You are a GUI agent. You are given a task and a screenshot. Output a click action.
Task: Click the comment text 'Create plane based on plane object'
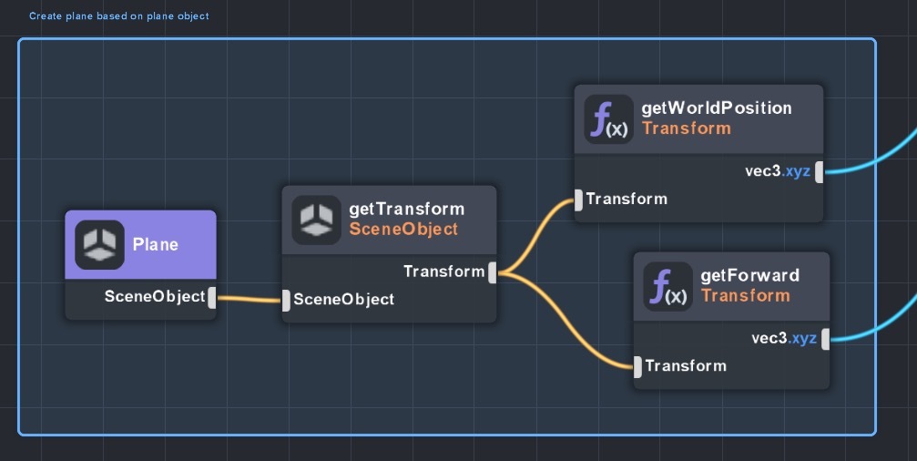click(118, 16)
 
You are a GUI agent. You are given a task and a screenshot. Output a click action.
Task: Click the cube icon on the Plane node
click(99, 244)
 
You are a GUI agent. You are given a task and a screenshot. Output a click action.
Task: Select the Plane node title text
click(156, 244)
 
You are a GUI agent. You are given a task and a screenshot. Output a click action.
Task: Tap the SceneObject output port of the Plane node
click(212, 297)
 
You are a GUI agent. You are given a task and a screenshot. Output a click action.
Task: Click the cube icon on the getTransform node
click(316, 219)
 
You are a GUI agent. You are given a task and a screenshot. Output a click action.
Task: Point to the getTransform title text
click(406, 210)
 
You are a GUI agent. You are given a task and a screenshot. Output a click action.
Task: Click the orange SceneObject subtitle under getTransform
click(403, 230)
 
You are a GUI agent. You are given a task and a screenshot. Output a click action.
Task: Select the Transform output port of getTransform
click(492, 271)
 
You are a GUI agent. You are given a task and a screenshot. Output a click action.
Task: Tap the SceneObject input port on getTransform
click(286, 300)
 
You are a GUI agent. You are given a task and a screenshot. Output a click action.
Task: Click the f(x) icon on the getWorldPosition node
click(609, 118)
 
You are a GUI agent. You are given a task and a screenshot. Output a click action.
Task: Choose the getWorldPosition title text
click(717, 108)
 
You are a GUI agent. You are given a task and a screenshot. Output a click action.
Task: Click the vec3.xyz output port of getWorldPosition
click(820, 171)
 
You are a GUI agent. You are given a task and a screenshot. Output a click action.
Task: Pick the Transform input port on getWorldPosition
click(578, 200)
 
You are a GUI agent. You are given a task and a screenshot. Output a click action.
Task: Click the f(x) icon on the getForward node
click(667, 286)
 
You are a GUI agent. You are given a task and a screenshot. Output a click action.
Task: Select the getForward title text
click(750, 275)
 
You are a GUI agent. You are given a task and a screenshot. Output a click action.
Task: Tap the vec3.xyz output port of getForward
click(825, 339)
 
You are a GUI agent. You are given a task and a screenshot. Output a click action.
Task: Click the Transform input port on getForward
click(637, 366)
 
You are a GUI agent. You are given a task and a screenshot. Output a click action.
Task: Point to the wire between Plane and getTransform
click(249, 299)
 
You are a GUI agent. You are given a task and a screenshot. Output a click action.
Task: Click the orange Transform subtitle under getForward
click(745, 296)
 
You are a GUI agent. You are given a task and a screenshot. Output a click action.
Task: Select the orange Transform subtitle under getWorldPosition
click(687, 128)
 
